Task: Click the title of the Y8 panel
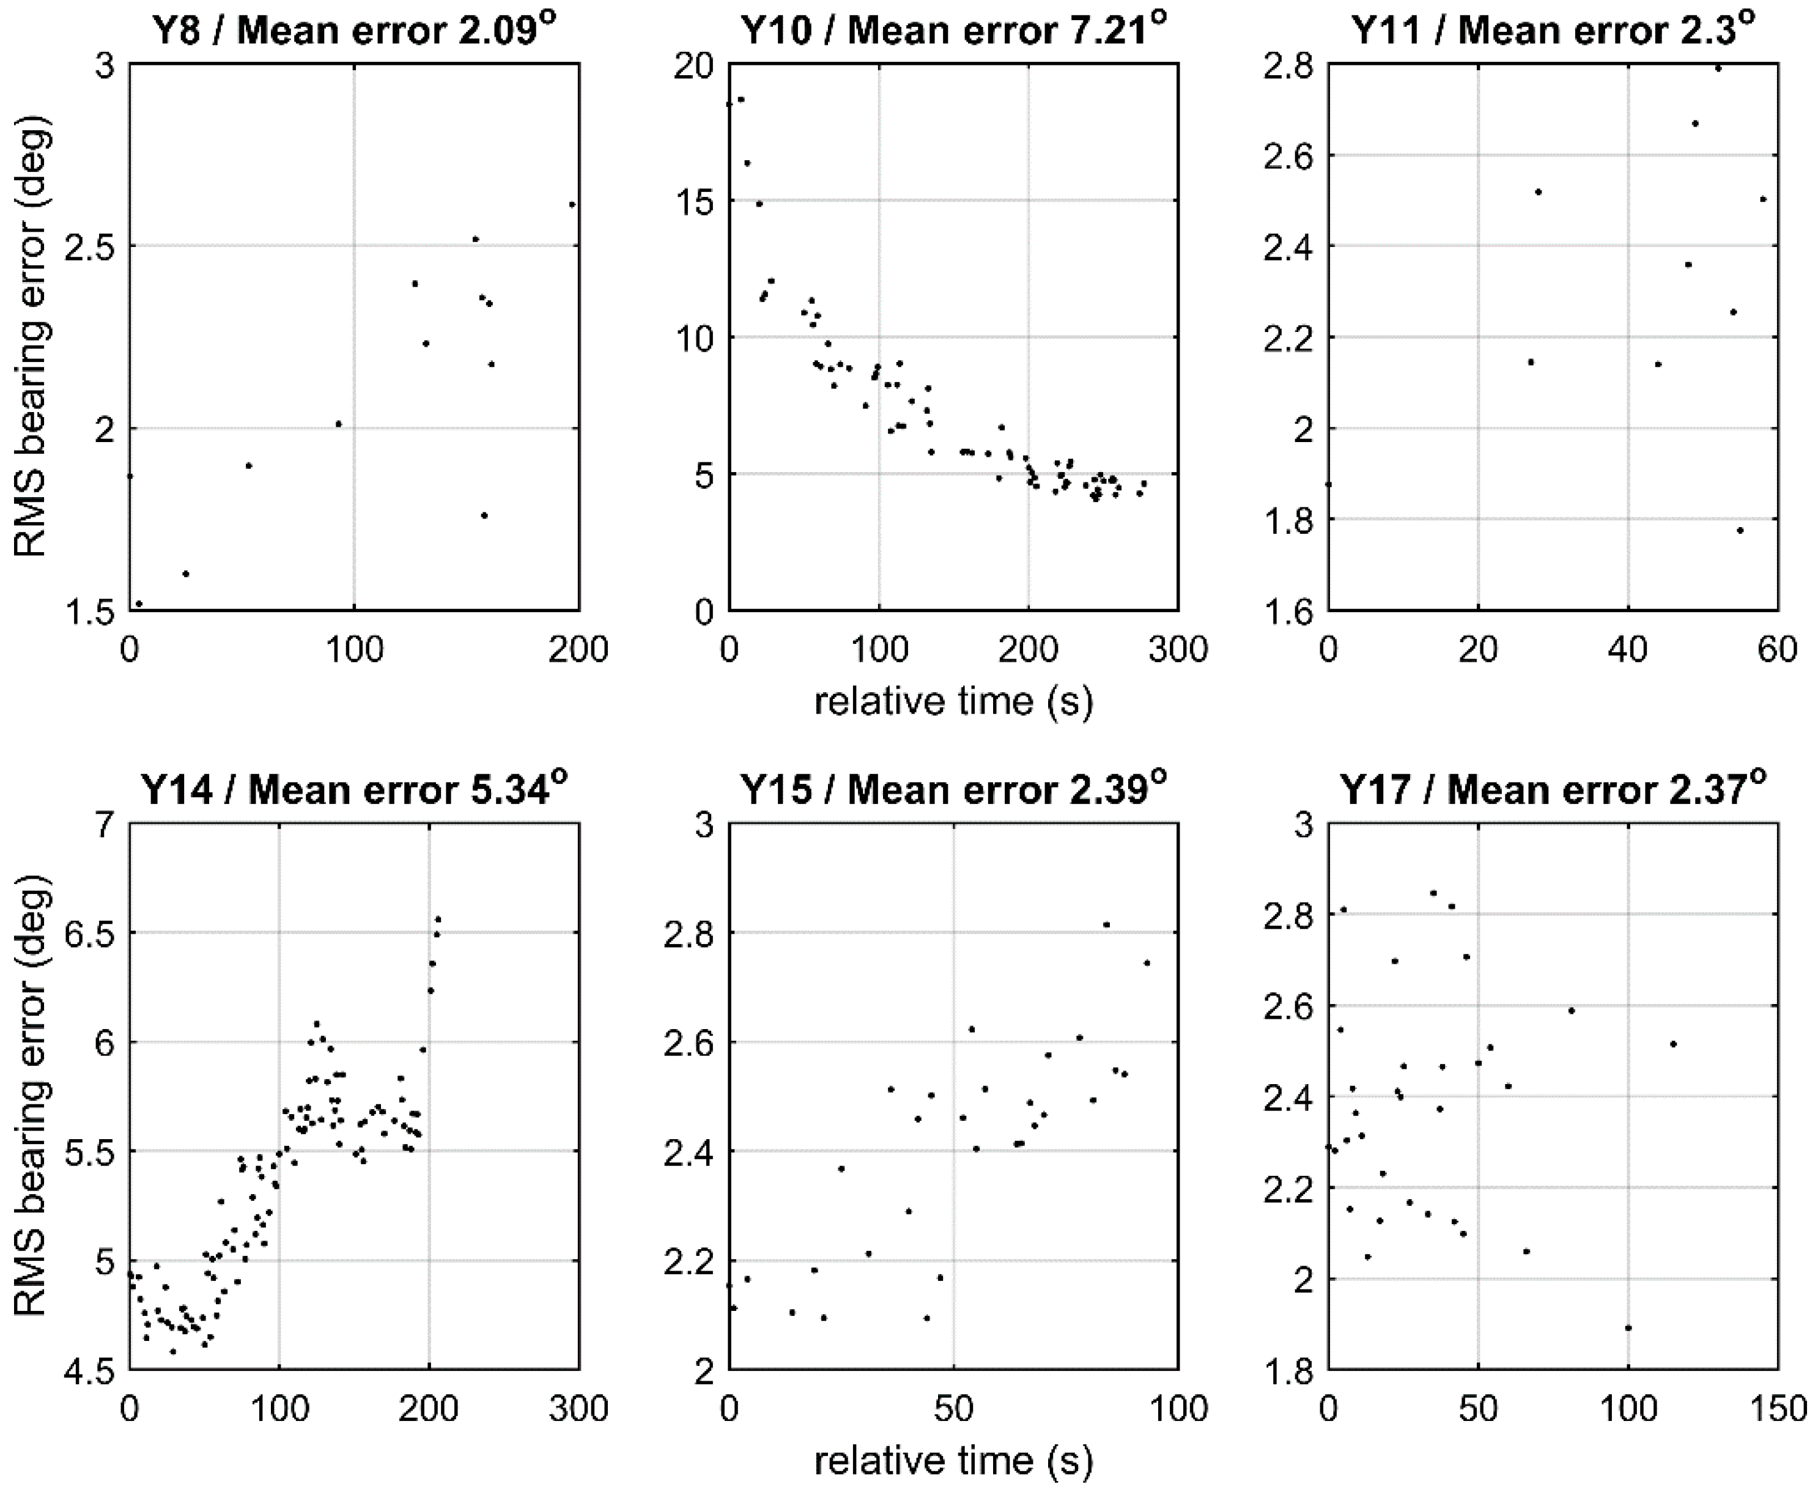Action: click(x=353, y=31)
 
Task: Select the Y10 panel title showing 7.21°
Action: click(x=953, y=31)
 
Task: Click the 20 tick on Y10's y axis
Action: click(x=695, y=65)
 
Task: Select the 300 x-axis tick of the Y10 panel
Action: click(x=1177, y=649)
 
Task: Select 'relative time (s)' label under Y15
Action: click(x=953, y=1461)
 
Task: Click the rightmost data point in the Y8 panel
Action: click(x=572, y=205)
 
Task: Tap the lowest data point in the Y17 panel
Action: click(x=1628, y=1328)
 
